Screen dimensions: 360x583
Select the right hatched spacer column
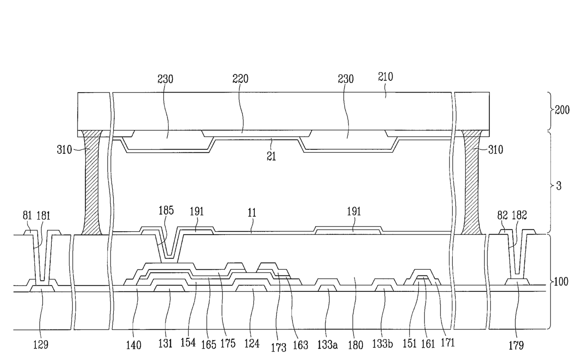point(472,183)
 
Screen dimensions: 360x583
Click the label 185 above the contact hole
point(166,210)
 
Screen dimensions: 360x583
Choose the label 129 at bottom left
point(40,345)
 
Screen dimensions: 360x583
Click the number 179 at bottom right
point(516,345)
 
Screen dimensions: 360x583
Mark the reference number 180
point(355,345)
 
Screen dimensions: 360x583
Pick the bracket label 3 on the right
point(559,186)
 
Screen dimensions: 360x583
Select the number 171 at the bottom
point(448,344)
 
